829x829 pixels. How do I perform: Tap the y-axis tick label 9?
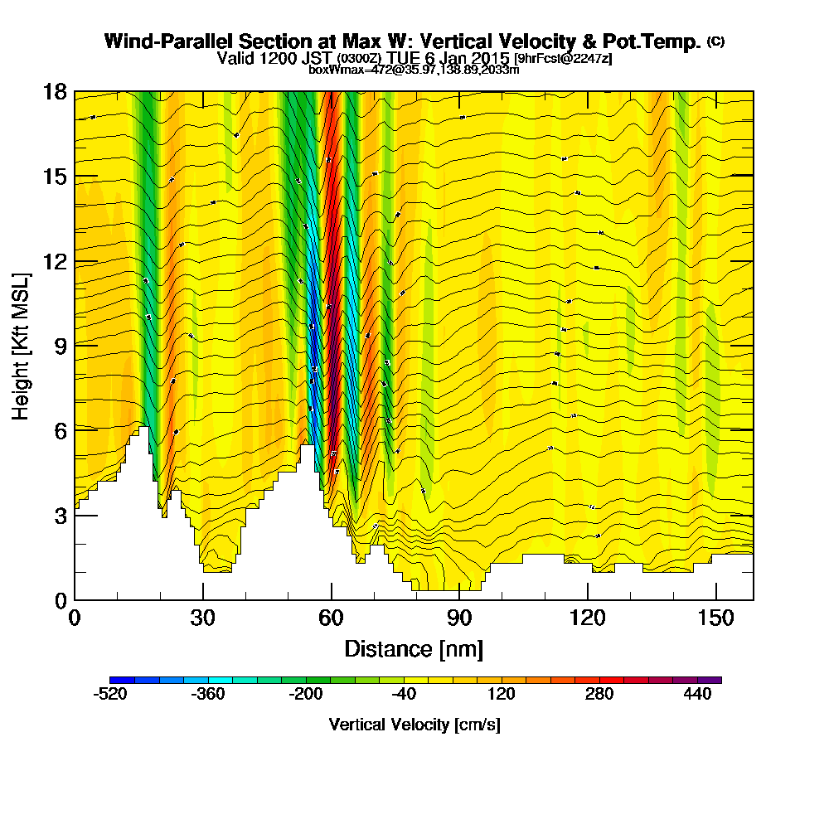(59, 345)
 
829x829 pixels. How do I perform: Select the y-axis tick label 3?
(59, 515)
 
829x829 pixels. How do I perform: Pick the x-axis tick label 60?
(332, 618)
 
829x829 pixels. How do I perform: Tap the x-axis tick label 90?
(459, 618)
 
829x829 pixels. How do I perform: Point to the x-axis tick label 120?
(587, 618)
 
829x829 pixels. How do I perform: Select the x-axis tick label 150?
(715, 618)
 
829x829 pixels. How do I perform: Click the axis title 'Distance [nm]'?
(414, 648)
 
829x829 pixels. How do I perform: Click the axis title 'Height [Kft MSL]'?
(21, 345)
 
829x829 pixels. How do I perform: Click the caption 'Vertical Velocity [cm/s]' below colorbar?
(414, 725)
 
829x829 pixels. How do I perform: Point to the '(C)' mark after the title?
(715, 41)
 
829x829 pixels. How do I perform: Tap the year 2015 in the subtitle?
(488, 58)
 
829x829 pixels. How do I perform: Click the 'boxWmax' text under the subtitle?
(330, 70)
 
